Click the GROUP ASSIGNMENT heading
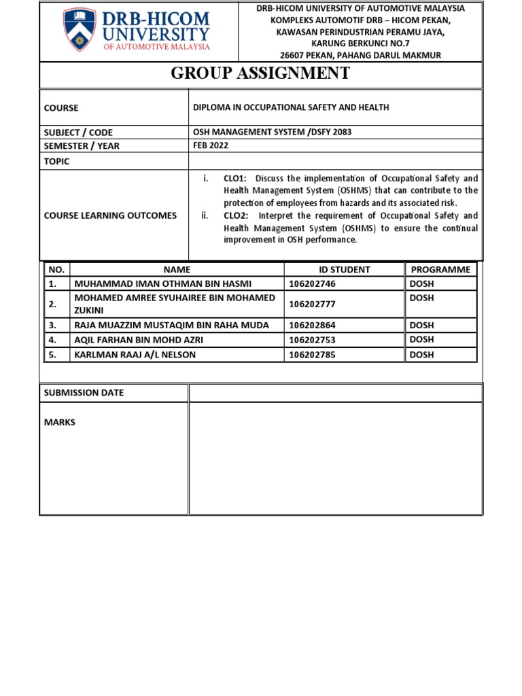tap(260, 74)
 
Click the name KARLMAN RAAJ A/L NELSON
tap(135, 354)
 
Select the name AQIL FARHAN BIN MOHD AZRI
tap(139, 340)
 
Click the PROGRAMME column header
tap(440, 269)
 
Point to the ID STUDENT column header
tap(345, 269)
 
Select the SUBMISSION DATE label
tap(84, 393)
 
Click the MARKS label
tap(60, 422)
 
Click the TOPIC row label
tap(56, 162)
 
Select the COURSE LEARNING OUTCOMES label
tap(110, 215)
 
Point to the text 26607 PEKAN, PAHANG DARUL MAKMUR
tap(360, 55)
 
